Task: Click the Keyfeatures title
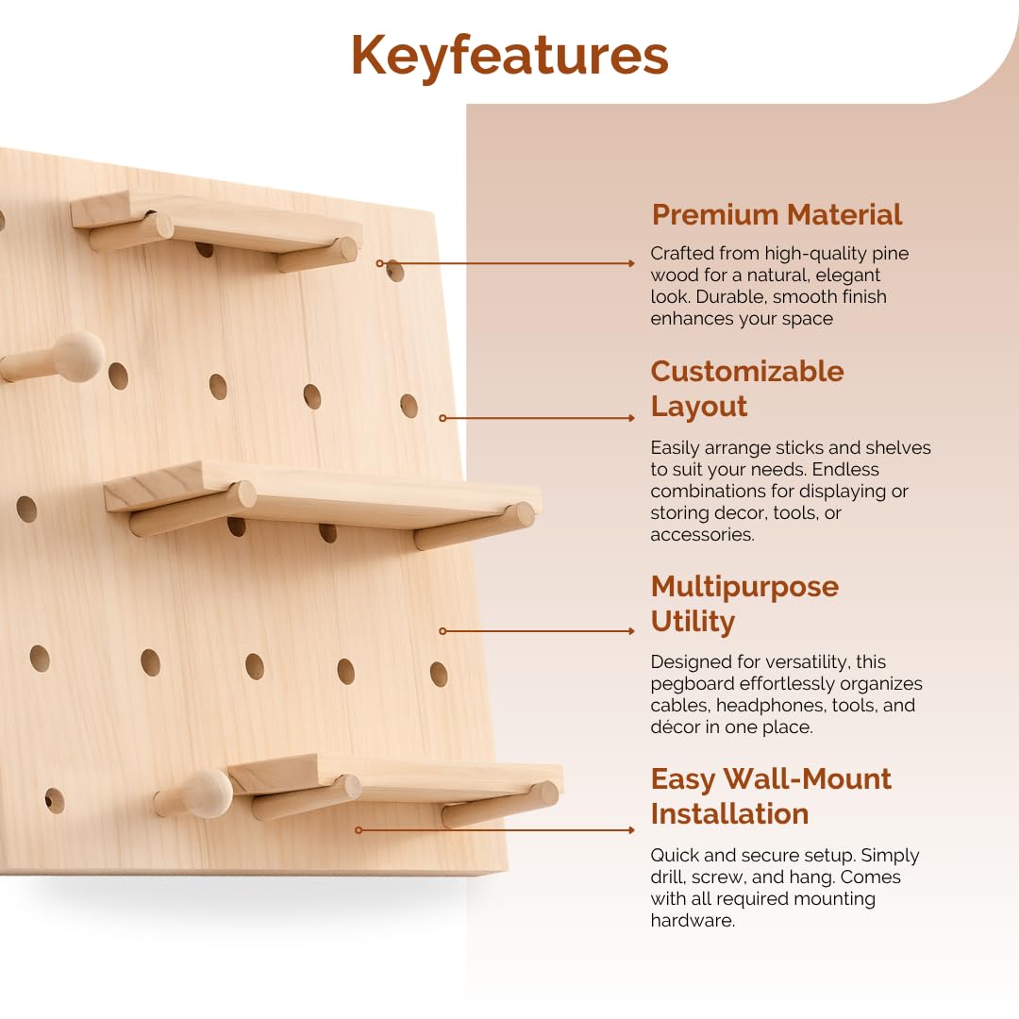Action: tap(509, 56)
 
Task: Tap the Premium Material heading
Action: tap(777, 214)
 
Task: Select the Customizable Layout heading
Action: tap(746, 389)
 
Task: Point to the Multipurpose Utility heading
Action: tap(744, 604)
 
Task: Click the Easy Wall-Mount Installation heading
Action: tap(771, 795)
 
